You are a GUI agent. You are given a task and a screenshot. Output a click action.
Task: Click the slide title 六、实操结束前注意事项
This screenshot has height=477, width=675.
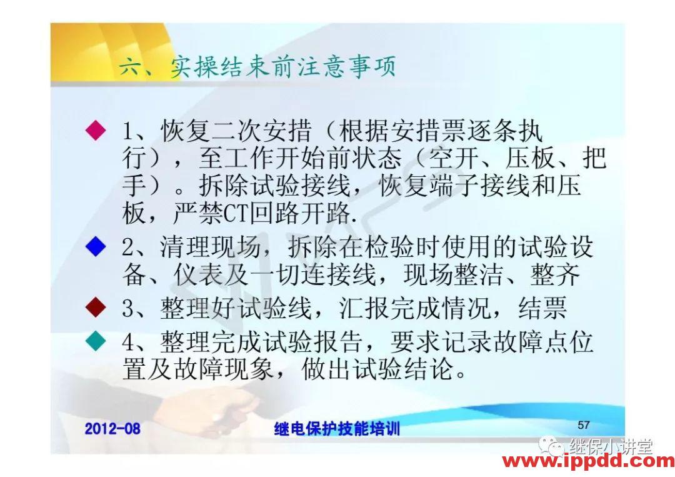pos(257,66)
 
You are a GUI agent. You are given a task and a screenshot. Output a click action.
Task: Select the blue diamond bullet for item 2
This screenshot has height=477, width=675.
pos(95,247)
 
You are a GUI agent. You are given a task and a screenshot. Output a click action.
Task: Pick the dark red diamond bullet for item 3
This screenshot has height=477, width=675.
pos(95,307)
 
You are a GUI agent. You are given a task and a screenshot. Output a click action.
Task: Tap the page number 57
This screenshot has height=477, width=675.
pos(583,424)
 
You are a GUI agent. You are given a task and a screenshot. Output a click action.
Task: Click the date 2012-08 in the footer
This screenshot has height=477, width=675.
pos(112,429)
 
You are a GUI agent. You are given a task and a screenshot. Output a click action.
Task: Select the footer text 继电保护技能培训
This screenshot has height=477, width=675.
pos(337,429)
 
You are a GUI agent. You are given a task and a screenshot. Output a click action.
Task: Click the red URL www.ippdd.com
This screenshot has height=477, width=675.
pos(588,462)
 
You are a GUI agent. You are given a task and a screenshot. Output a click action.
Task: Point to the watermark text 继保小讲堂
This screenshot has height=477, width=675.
pos(611,446)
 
